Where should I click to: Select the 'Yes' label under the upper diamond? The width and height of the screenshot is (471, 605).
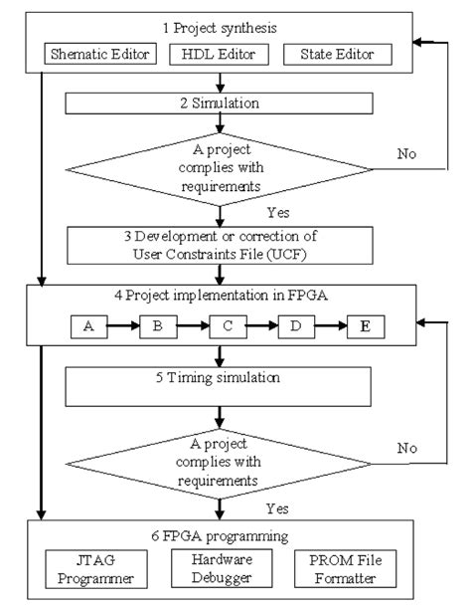click(279, 212)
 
